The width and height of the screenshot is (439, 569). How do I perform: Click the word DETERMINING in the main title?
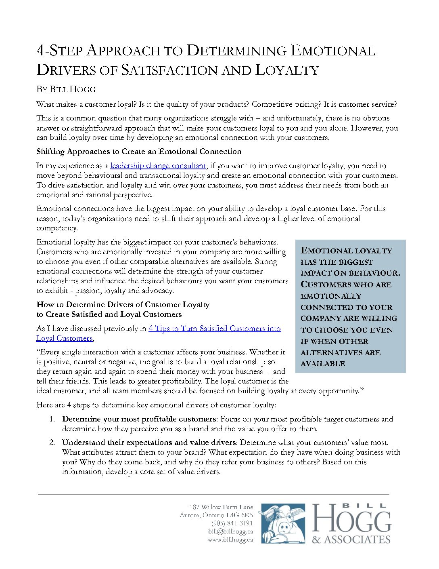pos(237,51)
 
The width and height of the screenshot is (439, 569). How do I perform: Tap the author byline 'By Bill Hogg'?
pos(66,89)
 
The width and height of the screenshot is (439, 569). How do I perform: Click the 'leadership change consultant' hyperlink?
pos(158,166)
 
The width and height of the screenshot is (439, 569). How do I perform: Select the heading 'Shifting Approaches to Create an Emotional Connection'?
pos(139,152)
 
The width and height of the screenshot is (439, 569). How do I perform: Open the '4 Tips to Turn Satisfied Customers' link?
pos(214,329)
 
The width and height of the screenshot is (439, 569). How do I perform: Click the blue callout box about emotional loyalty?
pos(350,306)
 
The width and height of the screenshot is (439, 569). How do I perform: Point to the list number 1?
pos(52,419)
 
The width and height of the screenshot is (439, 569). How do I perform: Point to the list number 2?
pos(52,443)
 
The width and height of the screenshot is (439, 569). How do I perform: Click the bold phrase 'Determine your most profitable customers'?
pos(139,419)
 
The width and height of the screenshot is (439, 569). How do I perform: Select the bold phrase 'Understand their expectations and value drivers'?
pos(148,443)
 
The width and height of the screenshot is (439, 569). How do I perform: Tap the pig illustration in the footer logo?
pos(283,523)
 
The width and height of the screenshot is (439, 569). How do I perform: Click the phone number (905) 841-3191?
pos(232,523)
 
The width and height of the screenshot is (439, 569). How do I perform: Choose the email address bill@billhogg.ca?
pos(230,531)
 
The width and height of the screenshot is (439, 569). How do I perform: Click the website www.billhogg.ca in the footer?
pos(230,539)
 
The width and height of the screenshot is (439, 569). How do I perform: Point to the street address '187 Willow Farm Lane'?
pos(221,507)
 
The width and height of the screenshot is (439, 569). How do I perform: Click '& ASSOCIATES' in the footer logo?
pos(351,540)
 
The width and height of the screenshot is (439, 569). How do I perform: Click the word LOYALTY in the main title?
pos(287,70)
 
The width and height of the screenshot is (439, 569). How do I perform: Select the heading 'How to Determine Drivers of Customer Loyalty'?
pos(123,305)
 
